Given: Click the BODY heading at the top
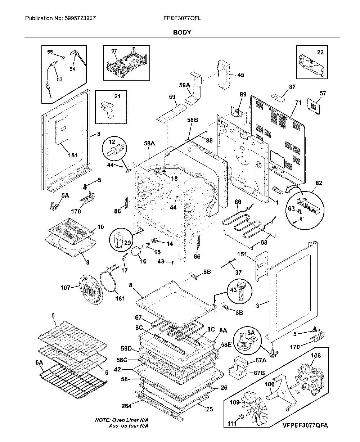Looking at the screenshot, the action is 182,32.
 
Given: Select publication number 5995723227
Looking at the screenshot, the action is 80,18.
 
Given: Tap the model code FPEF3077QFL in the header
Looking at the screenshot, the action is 182,18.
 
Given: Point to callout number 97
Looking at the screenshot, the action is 114,51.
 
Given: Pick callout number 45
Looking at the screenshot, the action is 240,75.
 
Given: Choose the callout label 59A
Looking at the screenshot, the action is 184,85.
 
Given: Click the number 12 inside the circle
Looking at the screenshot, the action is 112,142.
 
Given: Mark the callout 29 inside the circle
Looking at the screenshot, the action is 127,243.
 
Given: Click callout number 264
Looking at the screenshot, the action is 126,406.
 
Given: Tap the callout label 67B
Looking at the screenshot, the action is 259,373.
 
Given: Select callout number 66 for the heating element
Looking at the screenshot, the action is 238,202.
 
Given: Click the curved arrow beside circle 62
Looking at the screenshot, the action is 294,189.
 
